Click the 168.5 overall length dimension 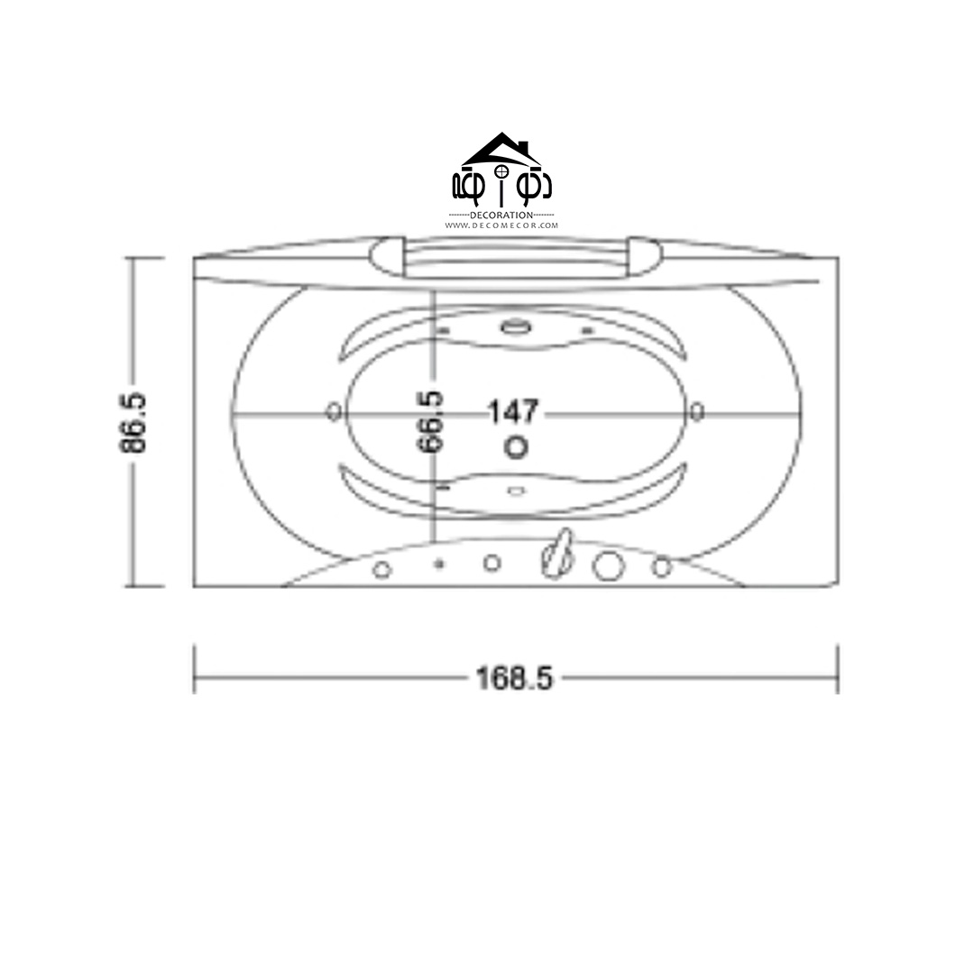[x=514, y=677]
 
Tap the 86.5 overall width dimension [x=133, y=422]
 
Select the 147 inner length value [x=513, y=412]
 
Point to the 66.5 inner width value [x=430, y=421]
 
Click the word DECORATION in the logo [x=501, y=215]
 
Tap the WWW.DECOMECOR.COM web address [x=501, y=225]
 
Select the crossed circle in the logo [x=501, y=170]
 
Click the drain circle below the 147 [x=516, y=447]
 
